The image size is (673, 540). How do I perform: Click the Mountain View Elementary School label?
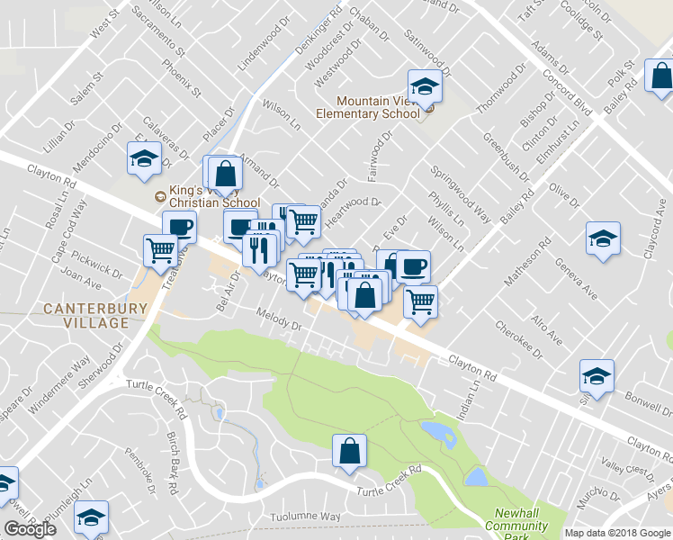(x=367, y=107)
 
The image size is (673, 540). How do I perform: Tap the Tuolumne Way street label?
(x=306, y=517)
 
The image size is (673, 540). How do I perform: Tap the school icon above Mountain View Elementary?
(x=425, y=86)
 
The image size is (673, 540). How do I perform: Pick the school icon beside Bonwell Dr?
(x=596, y=376)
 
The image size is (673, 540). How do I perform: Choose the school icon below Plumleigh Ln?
(x=90, y=517)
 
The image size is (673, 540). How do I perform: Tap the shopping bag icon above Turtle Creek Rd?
(x=349, y=453)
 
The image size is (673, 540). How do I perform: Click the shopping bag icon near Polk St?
(x=660, y=78)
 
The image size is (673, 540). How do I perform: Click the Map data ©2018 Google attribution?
(x=617, y=533)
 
